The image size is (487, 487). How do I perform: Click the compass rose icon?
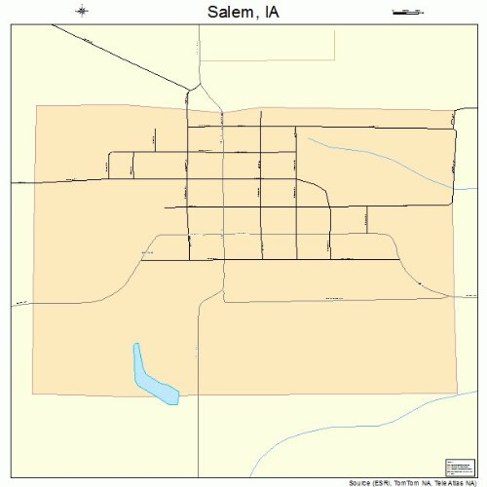[x=83, y=12]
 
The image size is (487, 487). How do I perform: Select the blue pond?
[x=153, y=377]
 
